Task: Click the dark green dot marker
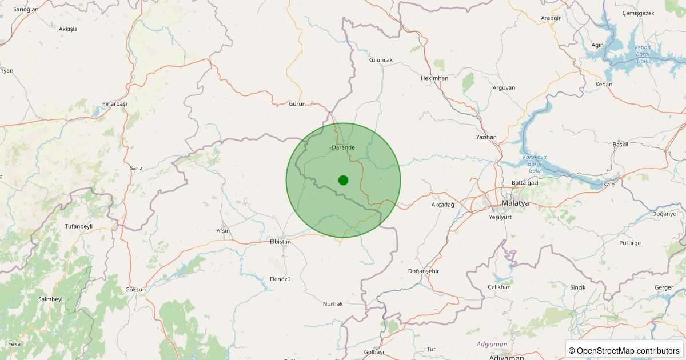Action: (x=343, y=180)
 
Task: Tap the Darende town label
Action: (x=343, y=147)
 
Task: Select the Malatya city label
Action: (x=514, y=203)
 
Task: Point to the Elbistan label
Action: (x=280, y=242)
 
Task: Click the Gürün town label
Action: (x=297, y=104)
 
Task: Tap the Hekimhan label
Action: (x=434, y=78)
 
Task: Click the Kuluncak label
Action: (x=380, y=60)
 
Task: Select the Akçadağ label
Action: (x=442, y=205)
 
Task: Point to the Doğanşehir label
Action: (x=424, y=271)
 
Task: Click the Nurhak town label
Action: (x=333, y=304)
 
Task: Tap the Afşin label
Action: (x=223, y=231)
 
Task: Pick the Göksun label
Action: (x=135, y=290)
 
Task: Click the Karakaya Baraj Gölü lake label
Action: (x=535, y=164)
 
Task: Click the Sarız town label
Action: (x=136, y=168)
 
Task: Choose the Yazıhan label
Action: (x=486, y=138)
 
